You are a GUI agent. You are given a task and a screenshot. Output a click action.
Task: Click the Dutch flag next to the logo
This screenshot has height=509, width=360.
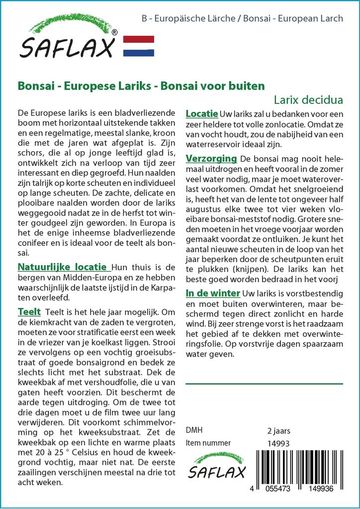point(138,46)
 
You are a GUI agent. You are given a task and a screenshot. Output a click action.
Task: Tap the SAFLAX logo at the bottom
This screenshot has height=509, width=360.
point(217,466)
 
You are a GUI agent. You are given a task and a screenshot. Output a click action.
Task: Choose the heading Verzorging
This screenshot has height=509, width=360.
point(211,159)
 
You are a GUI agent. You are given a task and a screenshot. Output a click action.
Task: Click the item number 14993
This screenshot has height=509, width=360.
point(278,443)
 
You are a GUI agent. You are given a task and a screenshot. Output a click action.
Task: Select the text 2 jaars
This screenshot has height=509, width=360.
point(278,430)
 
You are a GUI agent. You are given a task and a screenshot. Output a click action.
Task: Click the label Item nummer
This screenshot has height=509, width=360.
point(208,443)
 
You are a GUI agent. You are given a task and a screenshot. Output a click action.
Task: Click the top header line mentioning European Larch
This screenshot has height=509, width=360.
point(242,19)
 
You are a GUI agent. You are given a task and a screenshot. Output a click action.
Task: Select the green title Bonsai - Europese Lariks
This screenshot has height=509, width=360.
point(141,85)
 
